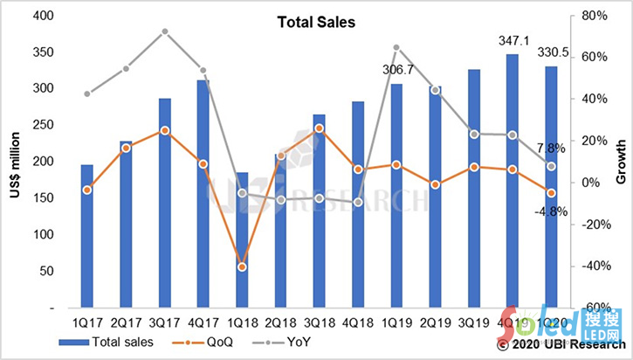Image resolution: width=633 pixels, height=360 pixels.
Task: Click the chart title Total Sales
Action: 316,24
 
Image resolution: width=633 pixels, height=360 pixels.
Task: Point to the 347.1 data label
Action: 513,41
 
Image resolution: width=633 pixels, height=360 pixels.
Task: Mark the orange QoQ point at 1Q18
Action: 242,267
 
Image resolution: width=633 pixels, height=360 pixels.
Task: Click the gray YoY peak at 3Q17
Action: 165,31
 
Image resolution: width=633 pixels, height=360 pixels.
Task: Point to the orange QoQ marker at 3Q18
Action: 320,128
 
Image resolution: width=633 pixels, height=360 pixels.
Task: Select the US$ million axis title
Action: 15,162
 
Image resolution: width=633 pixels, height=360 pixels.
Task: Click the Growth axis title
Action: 621,162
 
